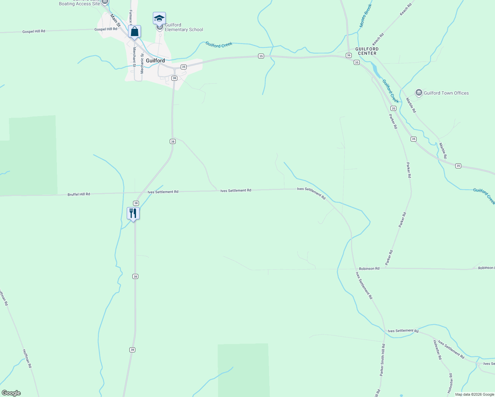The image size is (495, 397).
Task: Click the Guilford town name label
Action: (155, 61)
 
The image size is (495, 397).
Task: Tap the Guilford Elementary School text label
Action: (184, 27)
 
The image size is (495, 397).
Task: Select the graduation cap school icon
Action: (159, 18)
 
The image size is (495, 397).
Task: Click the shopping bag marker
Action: (134, 32)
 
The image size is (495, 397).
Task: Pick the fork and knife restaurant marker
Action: (133, 213)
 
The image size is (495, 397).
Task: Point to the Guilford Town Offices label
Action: (446, 93)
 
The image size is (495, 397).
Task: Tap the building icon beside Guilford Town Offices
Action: (419, 93)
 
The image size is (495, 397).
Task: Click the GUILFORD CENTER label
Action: (367, 51)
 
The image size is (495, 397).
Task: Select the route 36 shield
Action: (349, 55)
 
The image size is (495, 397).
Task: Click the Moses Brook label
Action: (366, 16)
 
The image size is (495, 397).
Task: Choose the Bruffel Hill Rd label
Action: (79, 194)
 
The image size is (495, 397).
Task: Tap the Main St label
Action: (115, 20)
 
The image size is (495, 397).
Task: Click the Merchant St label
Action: (134, 57)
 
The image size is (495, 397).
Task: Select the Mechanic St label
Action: (142, 64)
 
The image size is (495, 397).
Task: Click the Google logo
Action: (11, 393)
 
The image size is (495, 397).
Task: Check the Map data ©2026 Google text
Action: (474, 394)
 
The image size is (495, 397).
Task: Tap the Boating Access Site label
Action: (79, 4)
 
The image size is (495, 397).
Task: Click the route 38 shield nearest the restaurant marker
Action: (136, 203)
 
